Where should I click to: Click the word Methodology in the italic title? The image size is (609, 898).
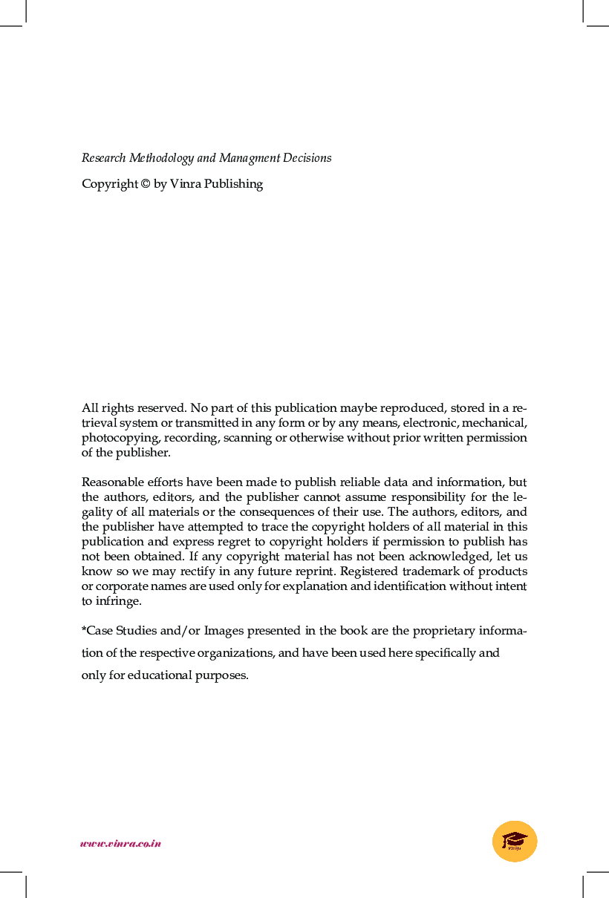[161, 158]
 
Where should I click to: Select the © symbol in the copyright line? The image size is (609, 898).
[145, 184]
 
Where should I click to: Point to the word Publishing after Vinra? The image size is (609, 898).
[233, 184]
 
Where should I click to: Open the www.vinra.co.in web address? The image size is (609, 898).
[120, 843]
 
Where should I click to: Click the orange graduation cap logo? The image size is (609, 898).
[515, 842]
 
